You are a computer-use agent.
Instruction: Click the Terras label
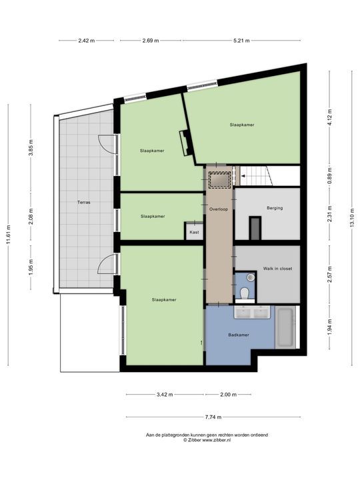[83, 202]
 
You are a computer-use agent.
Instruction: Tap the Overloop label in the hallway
[219, 208]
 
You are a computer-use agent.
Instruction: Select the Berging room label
[274, 208]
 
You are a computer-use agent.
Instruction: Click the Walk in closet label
[277, 269]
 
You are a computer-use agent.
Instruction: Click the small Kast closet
[194, 232]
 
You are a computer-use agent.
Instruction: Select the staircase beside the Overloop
[257, 177]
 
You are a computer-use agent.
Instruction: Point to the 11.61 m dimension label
[9, 234]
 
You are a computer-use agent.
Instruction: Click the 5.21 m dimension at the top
[241, 41]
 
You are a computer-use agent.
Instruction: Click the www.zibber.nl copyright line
[207, 440]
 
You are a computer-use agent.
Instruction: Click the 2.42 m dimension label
[86, 41]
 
